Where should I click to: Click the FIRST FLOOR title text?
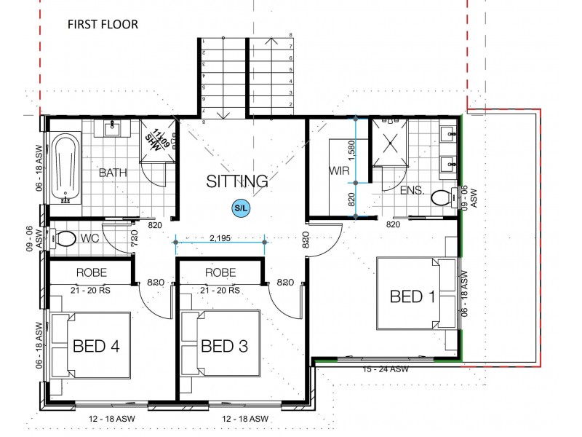[103, 24]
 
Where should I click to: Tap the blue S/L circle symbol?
[241, 208]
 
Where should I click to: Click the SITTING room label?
[236, 181]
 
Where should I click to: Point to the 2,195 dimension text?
[220, 237]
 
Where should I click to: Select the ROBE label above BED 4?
[92, 273]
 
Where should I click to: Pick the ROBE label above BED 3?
[221, 273]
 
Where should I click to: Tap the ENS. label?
[412, 190]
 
